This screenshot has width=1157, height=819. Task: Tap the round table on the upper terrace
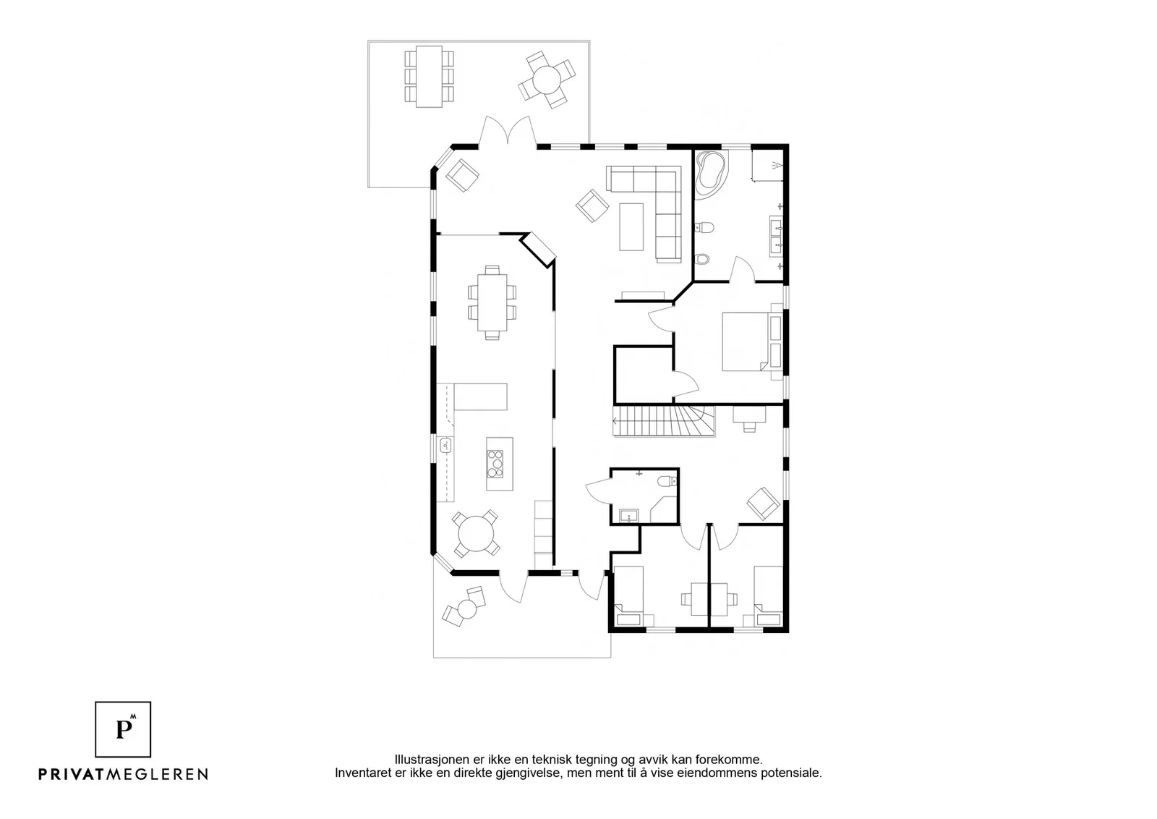[x=547, y=80]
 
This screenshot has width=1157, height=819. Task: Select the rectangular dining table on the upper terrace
[x=430, y=77]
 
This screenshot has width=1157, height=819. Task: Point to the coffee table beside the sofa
[x=632, y=227]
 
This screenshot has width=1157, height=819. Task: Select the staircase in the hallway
[x=664, y=421]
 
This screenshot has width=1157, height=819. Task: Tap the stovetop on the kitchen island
[x=495, y=464]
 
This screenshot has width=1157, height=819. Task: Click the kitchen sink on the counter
[x=84, y=445]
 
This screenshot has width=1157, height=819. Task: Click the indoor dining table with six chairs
[x=492, y=302]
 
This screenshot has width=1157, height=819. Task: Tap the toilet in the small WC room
[x=668, y=482]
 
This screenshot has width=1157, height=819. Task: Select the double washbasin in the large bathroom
[x=777, y=236]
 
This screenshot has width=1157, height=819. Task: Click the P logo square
[x=123, y=729]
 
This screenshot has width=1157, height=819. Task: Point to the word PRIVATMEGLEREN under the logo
[x=124, y=774]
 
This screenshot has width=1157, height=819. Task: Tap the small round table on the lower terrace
[x=468, y=609]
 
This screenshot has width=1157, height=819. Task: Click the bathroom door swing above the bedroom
[x=742, y=268]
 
